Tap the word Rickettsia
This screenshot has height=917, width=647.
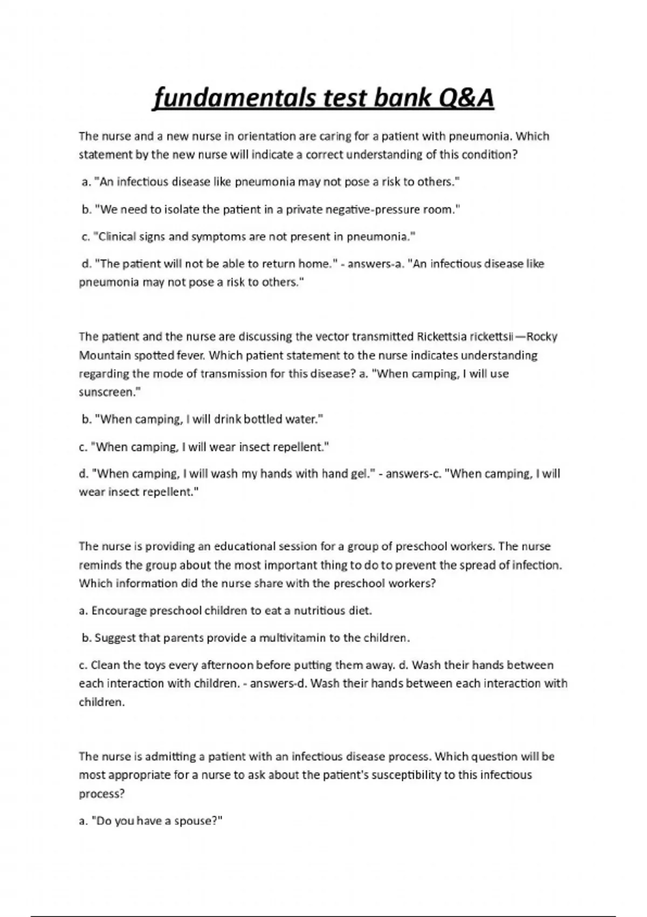click(x=442, y=337)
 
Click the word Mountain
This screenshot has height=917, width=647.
click(x=104, y=355)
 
